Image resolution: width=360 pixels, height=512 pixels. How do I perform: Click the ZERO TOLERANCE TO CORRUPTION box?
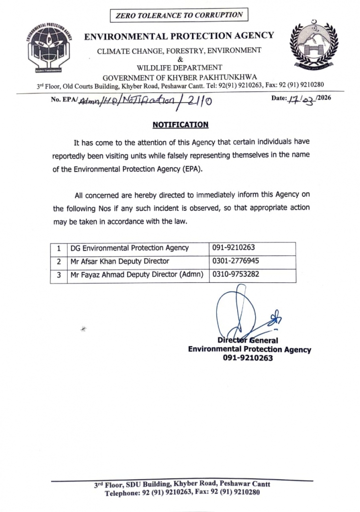180,15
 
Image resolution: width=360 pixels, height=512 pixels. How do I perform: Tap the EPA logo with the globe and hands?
49,49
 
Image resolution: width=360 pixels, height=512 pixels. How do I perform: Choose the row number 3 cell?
59,274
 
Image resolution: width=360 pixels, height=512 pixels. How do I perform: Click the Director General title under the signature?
248,341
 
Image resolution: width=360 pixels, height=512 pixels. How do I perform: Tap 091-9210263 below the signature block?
249,358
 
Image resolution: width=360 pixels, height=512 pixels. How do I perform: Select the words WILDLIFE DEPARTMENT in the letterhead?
180,68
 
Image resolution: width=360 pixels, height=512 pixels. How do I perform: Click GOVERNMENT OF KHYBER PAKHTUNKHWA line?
180,77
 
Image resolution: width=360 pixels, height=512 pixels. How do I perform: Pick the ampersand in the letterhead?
180,59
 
